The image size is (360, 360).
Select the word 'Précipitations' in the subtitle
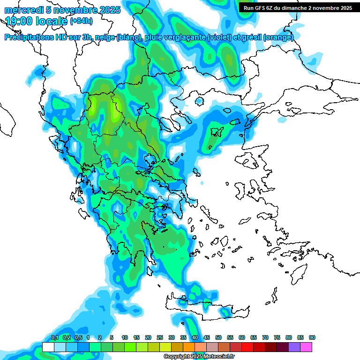click(28, 37)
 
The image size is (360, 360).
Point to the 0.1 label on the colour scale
click(54, 338)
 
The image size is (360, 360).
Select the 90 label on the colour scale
click(312, 338)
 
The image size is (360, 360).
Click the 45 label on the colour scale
click(207, 338)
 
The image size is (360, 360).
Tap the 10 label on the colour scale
click(125, 338)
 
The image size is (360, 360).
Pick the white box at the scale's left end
click(48, 347)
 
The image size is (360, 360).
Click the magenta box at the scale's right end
click(307, 347)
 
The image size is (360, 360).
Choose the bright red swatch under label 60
click(248, 347)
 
